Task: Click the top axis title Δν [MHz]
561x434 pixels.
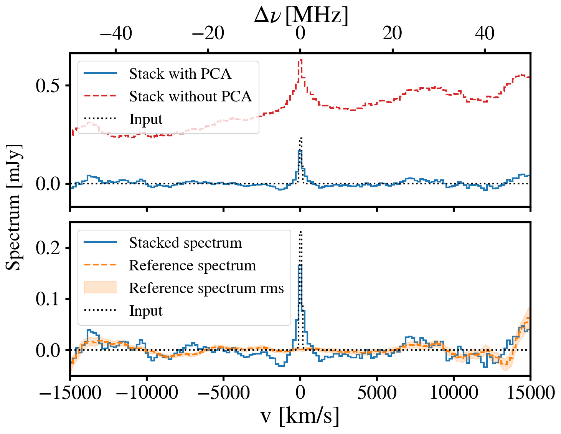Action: (x=301, y=16)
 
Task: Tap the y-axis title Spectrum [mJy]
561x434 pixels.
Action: (x=14, y=207)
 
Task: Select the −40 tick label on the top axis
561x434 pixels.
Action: (x=116, y=33)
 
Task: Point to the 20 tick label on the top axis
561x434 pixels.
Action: (x=392, y=33)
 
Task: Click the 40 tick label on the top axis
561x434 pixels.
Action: (x=485, y=33)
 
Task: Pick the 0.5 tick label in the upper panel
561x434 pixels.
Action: (x=48, y=86)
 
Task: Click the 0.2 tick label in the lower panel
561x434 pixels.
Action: (x=48, y=248)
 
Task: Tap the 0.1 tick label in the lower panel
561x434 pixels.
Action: (x=48, y=299)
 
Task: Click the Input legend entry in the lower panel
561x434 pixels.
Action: (x=146, y=311)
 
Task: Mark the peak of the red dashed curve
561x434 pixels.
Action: (x=301, y=60)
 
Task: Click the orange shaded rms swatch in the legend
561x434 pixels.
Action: (x=100, y=288)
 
